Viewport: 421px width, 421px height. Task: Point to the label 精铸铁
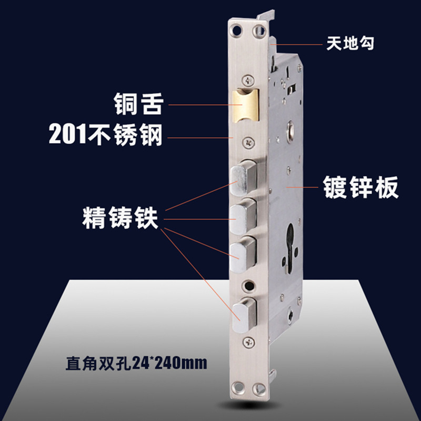120,217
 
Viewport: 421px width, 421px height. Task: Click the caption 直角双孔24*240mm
136,363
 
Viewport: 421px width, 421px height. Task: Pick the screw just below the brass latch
247,142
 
